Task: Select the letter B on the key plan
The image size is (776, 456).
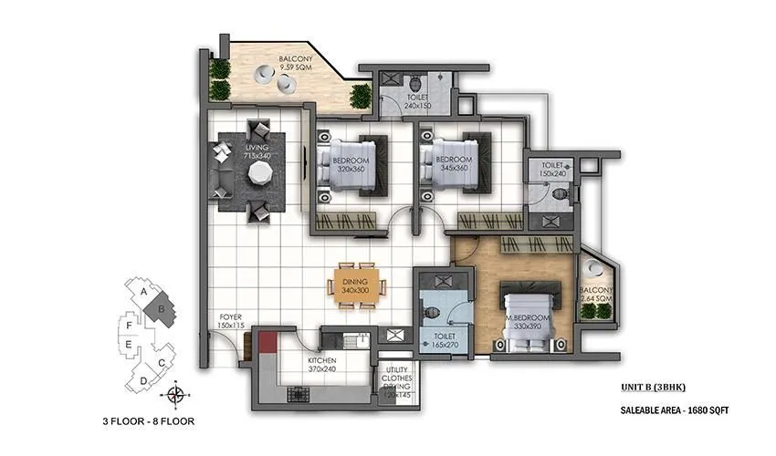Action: pos(161,308)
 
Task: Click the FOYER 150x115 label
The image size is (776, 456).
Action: pos(229,321)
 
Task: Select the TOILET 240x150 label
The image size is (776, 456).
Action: pos(417,101)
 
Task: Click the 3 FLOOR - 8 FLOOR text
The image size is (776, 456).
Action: pos(148,422)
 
